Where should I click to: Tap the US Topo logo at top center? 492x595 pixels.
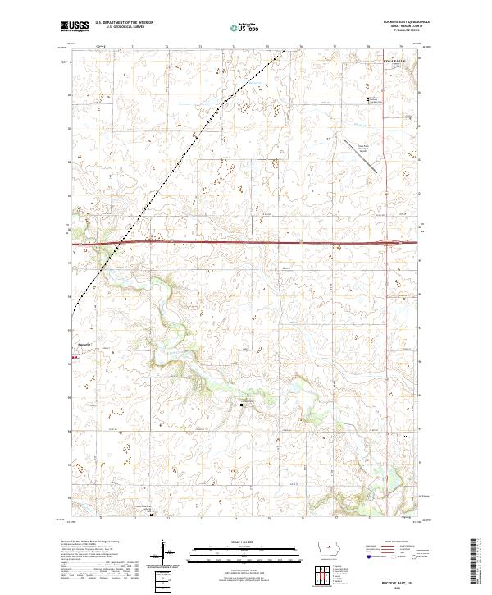[245, 27]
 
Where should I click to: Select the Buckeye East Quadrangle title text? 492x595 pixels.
[394, 21]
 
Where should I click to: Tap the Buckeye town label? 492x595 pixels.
[83, 343]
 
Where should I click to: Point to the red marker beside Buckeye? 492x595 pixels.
[75, 357]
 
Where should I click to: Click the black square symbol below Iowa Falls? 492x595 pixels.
[367, 100]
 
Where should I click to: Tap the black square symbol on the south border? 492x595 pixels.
[151, 515]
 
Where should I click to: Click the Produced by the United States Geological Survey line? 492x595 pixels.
[88, 542]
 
